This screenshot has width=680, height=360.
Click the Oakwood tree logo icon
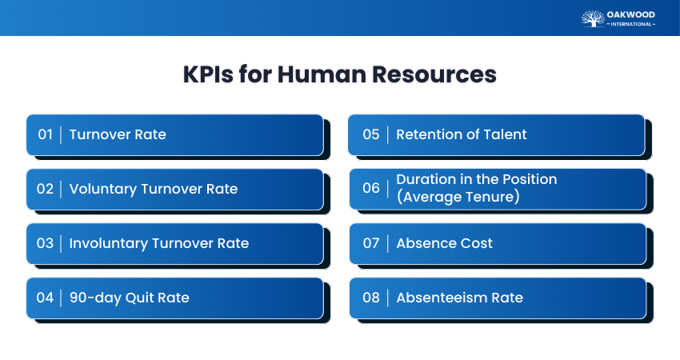tap(593, 18)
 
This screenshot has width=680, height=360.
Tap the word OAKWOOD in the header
tap(631, 14)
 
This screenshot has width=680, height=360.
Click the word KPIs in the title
tap(208, 74)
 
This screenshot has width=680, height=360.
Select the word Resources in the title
tap(434, 74)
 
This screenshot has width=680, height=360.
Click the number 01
tap(45, 134)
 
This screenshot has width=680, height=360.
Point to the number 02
tap(45, 189)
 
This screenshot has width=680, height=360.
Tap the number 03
tap(45, 243)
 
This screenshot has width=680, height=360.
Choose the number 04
tap(45, 298)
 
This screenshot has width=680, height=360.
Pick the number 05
tap(371, 134)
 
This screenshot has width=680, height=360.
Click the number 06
tap(371, 188)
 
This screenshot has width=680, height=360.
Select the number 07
tap(371, 243)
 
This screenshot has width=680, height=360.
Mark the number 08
tap(371, 298)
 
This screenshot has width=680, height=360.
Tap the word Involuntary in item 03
tap(109, 244)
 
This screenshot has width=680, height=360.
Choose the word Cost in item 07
tap(477, 243)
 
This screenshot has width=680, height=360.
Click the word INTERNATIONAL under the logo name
tap(631, 24)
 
